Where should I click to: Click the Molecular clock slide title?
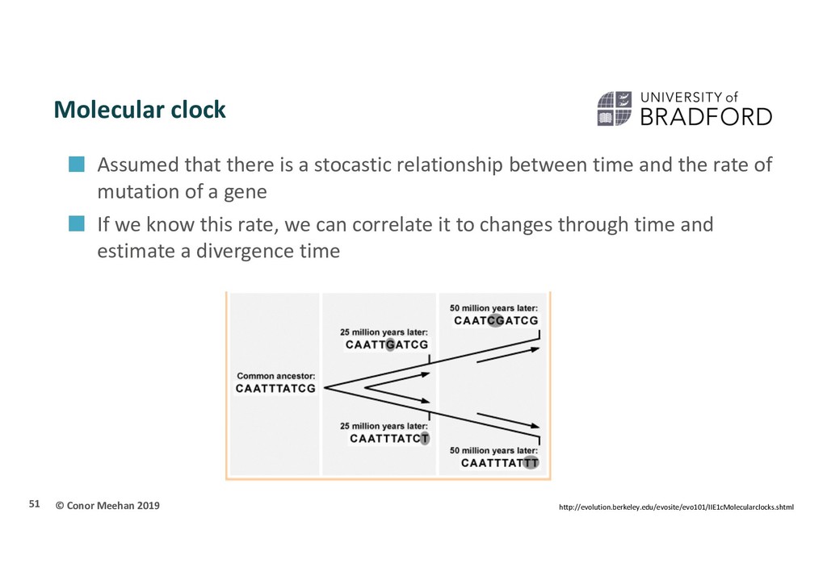pyautogui.click(x=140, y=110)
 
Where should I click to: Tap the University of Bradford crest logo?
pyautogui.click(x=614, y=108)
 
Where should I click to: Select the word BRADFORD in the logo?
pyautogui.click(x=706, y=117)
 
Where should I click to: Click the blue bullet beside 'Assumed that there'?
pyautogui.click(x=77, y=164)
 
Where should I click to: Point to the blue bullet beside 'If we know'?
pyautogui.click(x=77, y=223)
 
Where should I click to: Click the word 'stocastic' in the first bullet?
pyautogui.click(x=353, y=165)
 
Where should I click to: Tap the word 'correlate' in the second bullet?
pyautogui.click(x=388, y=225)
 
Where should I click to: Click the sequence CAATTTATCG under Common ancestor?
pyautogui.click(x=275, y=389)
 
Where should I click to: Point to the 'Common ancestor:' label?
pyautogui.click(x=276, y=376)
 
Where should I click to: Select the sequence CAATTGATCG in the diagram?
pyautogui.click(x=387, y=345)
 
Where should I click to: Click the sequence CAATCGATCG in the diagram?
pyautogui.click(x=496, y=321)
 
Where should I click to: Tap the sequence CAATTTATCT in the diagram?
pyautogui.click(x=389, y=439)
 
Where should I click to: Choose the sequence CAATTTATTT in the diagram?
pyautogui.click(x=499, y=463)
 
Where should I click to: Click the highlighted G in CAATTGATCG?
pyautogui.click(x=390, y=345)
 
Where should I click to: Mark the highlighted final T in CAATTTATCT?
pyautogui.click(x=425, y=439)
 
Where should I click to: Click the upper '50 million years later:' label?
pyautogui.click(x=493, y=308)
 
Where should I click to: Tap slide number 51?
pyautogui.click(x=34, y=504)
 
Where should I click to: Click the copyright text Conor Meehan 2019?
pyautogui.click(x=107, y=506)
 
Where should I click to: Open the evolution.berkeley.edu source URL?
pyautogui.click(x=676, y=507)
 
